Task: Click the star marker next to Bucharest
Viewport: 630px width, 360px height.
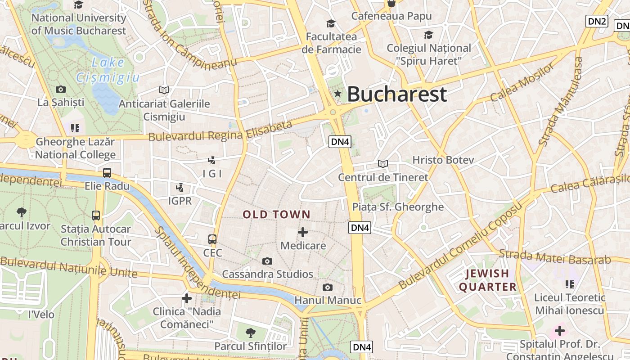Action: [x=337, y=94]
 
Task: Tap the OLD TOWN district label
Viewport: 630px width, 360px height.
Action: [x=276, y=215]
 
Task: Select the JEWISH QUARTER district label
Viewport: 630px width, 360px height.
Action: [x=487, y=280]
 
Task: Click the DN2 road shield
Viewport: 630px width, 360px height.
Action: [x=597, y=21]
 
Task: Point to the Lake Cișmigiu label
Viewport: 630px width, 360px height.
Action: [x=108, y=70]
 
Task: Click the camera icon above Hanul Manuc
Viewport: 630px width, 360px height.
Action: [x=328, y=287]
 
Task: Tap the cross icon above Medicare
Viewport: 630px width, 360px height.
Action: [x=303, y=232]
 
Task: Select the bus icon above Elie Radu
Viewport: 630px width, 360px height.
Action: [x=107, y=172]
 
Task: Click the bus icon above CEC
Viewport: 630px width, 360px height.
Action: [x=212, y=239]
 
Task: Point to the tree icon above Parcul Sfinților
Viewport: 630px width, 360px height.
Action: [x=251, y=333]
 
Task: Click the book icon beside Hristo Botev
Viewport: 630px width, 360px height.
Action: [x=382, y=164]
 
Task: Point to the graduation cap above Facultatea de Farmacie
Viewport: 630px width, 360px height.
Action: [x=331, y=23]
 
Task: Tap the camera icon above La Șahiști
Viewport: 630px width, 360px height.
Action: [x=60, y=89]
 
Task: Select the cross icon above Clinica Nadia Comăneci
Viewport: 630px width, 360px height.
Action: [x=186, y=298]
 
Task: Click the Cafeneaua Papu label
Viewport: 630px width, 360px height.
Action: [x=391, y=16]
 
